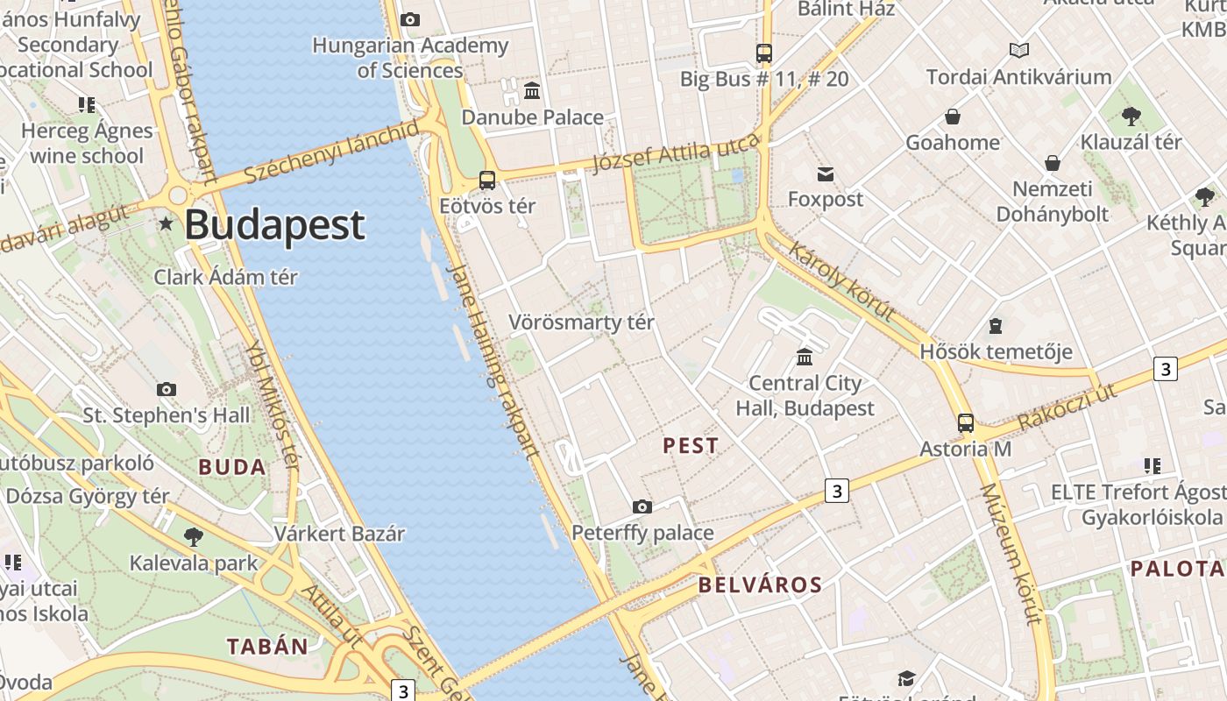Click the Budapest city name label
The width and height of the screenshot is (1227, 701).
click(274, 224)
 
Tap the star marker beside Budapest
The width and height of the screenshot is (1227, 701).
click(166, 223)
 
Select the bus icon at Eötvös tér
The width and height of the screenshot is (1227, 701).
click(487, 181)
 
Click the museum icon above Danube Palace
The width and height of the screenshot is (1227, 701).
click(532, 91)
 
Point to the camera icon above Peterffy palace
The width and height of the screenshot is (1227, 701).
click(642, 506)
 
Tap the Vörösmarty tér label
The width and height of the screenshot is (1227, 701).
click(581, 322)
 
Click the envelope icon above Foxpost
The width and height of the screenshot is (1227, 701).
click(826, 173)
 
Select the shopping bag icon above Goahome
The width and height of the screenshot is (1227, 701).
click(953, 117)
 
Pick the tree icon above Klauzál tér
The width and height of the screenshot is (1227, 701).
click(1131, 116)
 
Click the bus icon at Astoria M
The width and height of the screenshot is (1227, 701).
click(965, 423)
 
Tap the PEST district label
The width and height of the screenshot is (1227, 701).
click(691, 446)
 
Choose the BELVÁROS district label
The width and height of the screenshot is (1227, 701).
click(760, 585)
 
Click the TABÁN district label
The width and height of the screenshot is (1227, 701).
click(267, 648)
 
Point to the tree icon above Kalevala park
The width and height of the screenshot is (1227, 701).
click(194, 536)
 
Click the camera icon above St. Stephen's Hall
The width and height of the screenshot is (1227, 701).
click(167, 389)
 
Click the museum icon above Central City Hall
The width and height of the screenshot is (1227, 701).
click(805, 357)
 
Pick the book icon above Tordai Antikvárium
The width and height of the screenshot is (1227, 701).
click(1018, 51)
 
